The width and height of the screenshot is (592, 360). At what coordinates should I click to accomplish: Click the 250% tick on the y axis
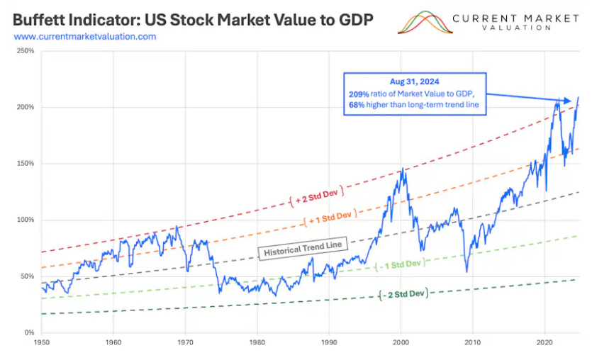click(25, 51)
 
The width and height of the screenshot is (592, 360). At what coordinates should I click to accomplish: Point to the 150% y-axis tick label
click(25, 164)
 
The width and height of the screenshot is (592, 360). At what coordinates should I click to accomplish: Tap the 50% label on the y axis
click(27, 276)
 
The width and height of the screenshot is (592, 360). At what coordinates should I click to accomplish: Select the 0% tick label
click(29, 332)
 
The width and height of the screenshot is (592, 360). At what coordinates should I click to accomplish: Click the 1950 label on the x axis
click(41, 342)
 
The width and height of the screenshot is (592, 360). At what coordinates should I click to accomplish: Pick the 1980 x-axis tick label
click(257, 342)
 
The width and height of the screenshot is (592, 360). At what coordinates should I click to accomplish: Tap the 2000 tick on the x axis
click(401, 342)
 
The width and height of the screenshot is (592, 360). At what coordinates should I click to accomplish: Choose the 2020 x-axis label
click(544, 342)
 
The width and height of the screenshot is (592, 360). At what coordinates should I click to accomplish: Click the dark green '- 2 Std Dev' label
click(404, 293)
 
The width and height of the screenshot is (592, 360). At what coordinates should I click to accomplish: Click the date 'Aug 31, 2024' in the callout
click(414, 82)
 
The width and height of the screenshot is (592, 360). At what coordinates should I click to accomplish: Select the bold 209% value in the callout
click(358, 94)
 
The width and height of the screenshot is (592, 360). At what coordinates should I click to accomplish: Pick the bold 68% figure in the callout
click(357, 106)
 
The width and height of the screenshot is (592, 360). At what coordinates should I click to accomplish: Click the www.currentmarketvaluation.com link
click(84, 36)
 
